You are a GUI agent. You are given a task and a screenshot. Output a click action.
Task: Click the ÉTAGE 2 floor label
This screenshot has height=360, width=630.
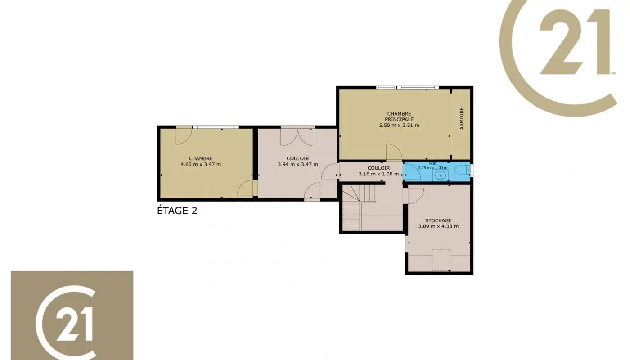click(x=177, y=211)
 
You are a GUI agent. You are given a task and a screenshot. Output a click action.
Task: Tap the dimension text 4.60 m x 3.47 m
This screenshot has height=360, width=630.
click(x=201, y=164)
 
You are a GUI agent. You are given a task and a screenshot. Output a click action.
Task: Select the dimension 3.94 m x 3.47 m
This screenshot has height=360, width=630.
click(x=298, y=164)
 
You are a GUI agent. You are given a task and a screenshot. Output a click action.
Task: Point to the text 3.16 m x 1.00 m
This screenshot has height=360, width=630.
click(x=378, y=174)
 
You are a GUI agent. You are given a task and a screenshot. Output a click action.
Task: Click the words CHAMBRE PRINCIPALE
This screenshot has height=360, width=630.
click(x=399, y=116)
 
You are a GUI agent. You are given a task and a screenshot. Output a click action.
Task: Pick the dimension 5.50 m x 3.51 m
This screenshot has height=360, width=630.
click(x=399, y=125)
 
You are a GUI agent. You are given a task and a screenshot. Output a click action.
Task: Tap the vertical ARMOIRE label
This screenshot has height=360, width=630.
click(x=462, y=119)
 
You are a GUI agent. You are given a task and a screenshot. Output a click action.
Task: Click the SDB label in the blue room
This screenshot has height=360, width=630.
click(x=432, y=164)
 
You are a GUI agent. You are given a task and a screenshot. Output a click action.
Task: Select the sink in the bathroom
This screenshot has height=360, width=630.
click(x=440, y=174)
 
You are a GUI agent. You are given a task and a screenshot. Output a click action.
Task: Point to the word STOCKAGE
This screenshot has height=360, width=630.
click(x=438, y=220)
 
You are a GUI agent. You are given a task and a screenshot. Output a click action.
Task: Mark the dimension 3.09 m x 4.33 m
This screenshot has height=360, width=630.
click(x=438, y=226)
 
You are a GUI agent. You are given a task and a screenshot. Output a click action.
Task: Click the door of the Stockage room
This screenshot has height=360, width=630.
click(x=414, y=195)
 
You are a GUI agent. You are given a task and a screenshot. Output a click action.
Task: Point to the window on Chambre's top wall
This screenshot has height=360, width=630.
click(x=215, y=127)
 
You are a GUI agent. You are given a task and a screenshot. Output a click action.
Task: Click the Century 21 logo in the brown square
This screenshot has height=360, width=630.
click(x=72, y=315)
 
